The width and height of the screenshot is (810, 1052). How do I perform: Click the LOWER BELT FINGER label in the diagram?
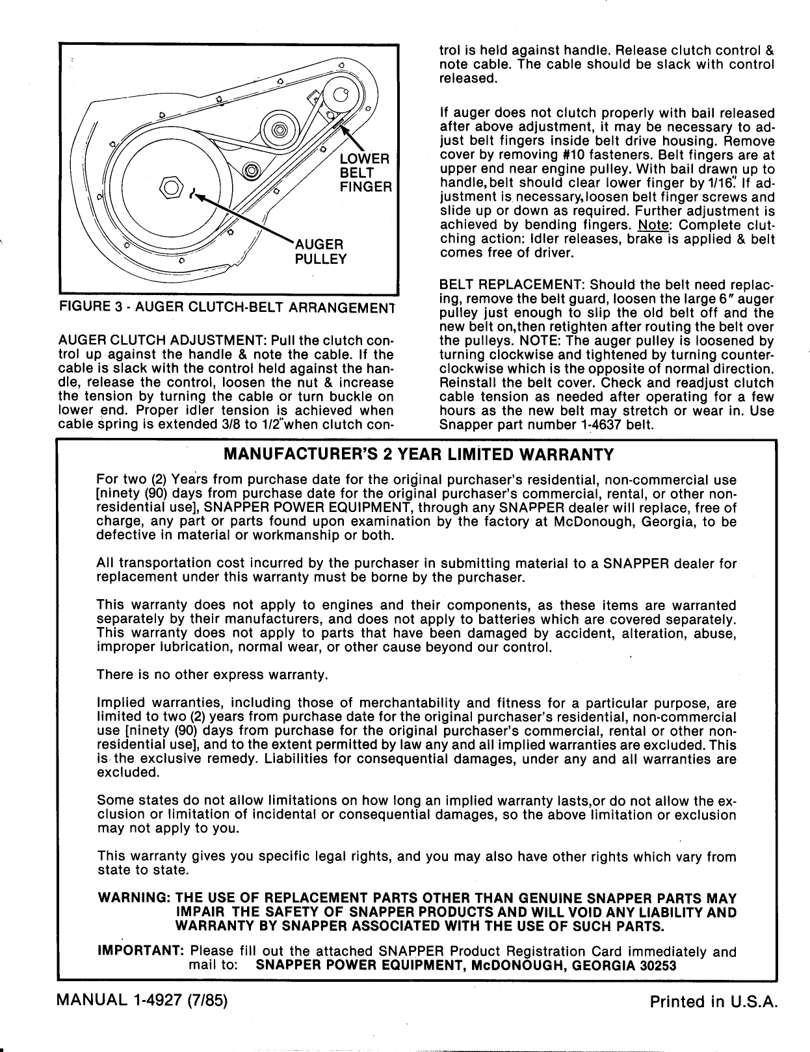pyautogui.click(x=365, y=173)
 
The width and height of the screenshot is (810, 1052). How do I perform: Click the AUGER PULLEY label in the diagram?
pyautogui.click(x=320, y=251)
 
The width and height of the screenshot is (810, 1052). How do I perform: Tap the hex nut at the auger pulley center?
pyautogui.click(x=171, y=187)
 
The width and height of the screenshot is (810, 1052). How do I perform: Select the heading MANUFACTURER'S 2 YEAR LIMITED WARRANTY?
pyautogui.click(x=417, y=454)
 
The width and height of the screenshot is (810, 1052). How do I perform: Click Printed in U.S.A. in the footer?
pyautogui.click(x=713, y=1002)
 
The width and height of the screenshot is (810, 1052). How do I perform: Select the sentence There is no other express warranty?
pyautogui.click(x=211, y=675)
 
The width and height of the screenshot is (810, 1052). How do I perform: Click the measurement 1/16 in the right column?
pyautogui.click(x=741, y=183)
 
